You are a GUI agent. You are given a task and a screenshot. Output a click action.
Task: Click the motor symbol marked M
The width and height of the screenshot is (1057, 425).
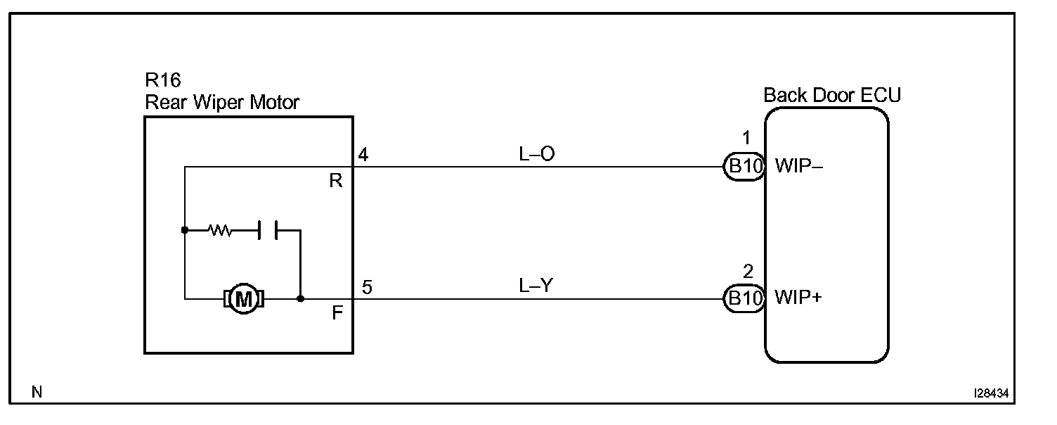(243, 299)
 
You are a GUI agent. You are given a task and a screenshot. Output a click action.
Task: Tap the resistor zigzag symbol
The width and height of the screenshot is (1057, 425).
(220, 230)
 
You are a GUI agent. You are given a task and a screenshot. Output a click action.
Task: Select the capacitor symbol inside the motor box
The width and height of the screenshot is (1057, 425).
(267, 230)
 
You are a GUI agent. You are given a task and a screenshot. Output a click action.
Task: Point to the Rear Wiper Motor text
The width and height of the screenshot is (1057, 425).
(222, 103)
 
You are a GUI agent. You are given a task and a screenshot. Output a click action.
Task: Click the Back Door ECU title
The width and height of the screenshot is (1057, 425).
(832, 94)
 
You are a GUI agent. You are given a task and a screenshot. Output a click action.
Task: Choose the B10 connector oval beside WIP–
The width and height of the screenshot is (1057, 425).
(744, 167)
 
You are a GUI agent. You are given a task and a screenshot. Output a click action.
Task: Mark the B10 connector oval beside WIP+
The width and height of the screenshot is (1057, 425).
(744, 298)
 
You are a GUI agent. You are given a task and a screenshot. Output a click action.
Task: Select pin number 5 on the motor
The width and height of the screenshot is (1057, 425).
(367, 286)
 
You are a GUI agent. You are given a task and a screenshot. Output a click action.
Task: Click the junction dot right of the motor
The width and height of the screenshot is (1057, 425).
(301, 298)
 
